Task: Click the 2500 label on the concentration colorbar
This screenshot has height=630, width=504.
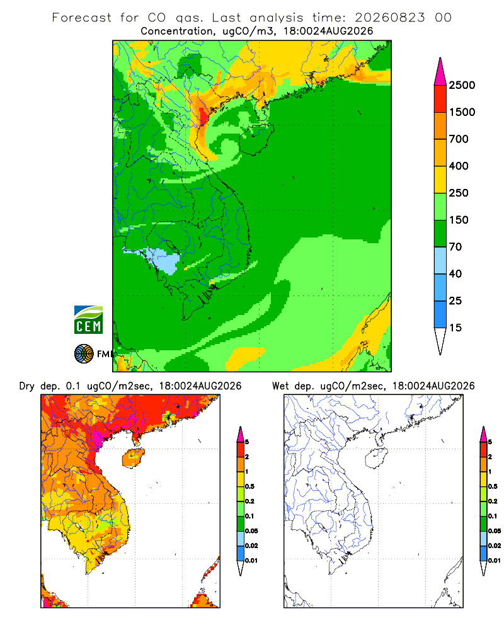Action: coord(462,85)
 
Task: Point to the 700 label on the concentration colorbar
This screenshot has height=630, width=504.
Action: coord(459,139)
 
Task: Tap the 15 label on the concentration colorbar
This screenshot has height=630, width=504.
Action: coord(455,328)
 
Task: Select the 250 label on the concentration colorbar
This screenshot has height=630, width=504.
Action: coord(459,193)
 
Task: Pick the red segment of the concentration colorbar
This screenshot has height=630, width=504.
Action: coord(440,98)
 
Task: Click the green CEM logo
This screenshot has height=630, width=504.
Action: coord(88,320)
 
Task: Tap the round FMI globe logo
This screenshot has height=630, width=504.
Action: coord(84,354)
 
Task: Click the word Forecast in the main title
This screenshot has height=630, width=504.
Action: coord(82,18)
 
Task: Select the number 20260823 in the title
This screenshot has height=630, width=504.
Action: coord(389,18)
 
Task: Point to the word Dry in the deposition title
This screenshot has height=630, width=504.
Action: coord(27,386)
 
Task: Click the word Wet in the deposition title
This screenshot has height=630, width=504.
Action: coord(280,386)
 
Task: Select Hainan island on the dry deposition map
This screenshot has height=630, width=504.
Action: coord(134,459)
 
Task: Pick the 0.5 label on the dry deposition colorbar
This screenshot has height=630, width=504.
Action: coord(249,486)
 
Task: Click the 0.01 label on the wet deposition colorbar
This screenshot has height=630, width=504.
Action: coord(495,561)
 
